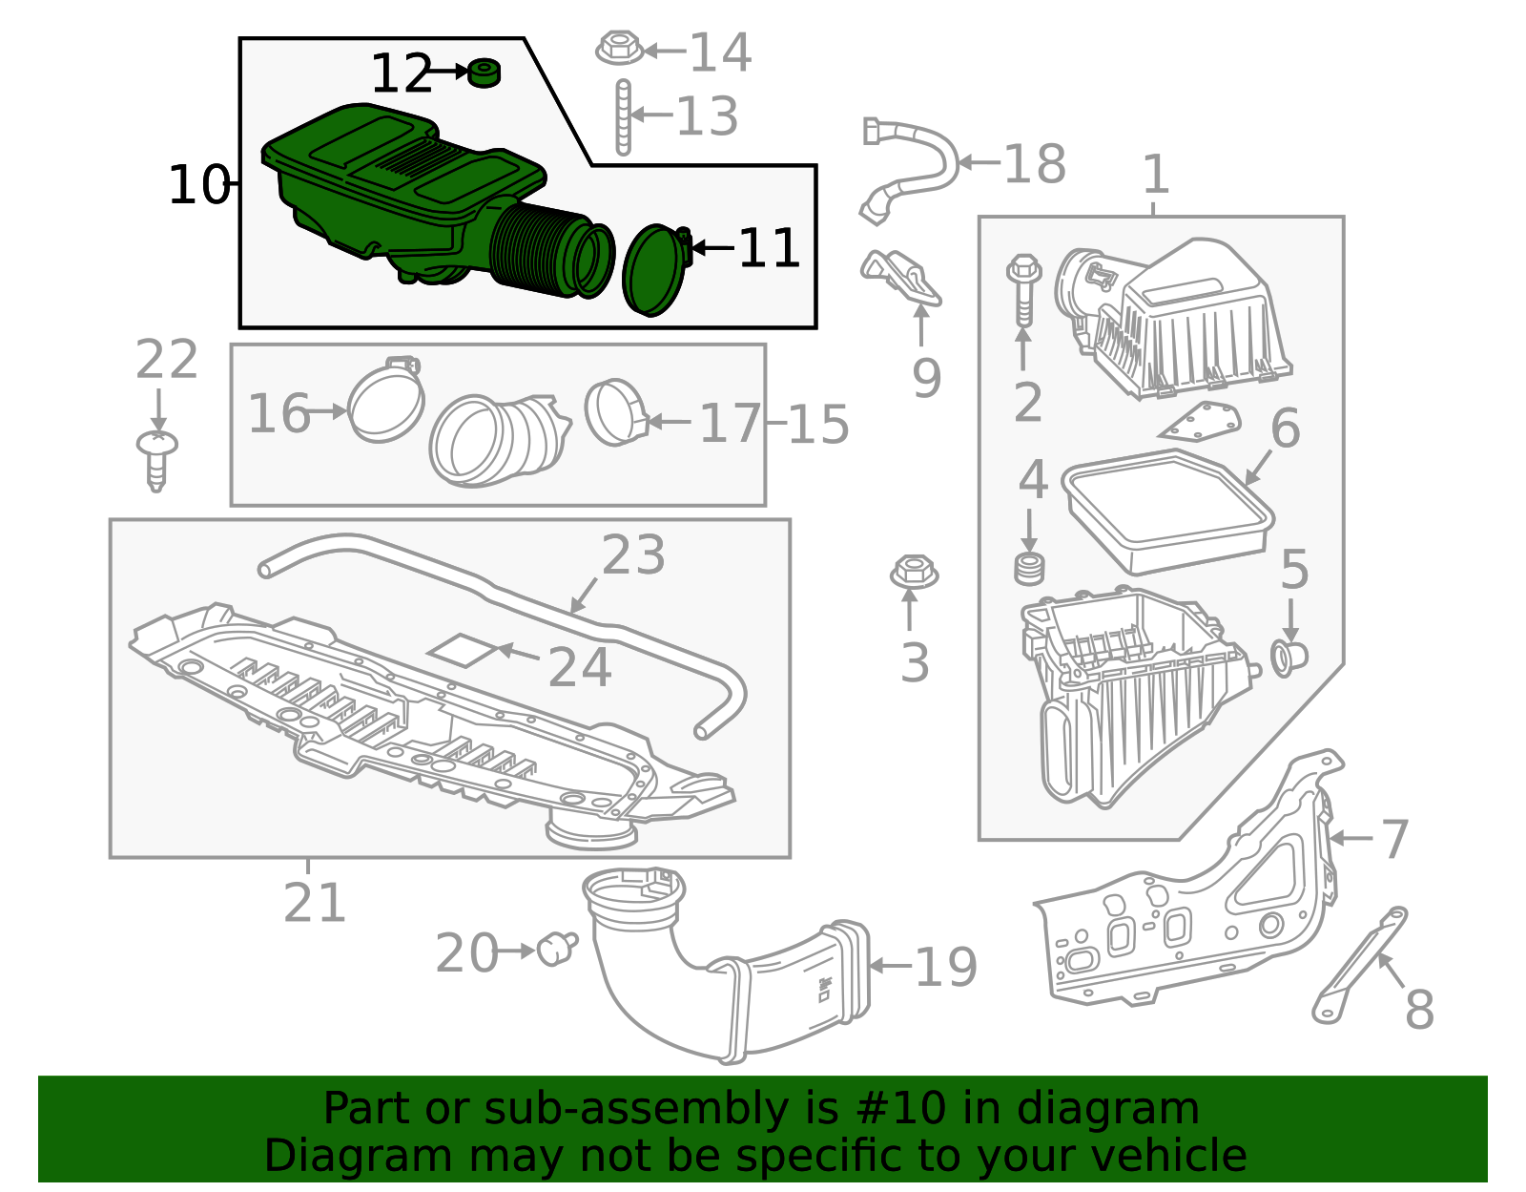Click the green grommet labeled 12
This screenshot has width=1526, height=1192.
coord(484,73)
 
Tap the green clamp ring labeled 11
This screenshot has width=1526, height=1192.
coord(655,270)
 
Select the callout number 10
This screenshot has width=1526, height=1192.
coord(199,185)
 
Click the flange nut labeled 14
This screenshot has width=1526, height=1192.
coord(619,48)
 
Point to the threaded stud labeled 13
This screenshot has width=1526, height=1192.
coord(623,116)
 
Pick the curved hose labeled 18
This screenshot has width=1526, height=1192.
coord(909,169)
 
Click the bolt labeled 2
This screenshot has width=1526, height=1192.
coord(1023,290)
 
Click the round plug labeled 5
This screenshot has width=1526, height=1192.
coord(1289,659)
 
